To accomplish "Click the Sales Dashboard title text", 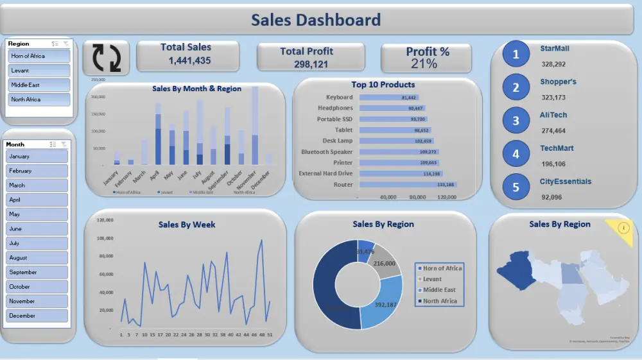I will coord(315,20).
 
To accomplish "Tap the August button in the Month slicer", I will coord(37,258).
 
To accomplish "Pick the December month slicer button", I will coord(37,316).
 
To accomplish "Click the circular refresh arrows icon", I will coord(107,57).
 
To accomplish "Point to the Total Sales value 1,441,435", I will coord(189,60).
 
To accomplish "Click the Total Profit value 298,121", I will coord(311,64).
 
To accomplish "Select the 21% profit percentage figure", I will coord(424,64).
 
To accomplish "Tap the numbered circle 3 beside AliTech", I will coord(516,121).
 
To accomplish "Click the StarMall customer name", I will coord(554,48).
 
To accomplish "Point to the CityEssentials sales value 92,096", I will coord(551,197).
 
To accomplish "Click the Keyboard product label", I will coord(339,98).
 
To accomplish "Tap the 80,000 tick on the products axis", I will coord(417,197).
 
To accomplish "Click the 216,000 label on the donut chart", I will coord(384,263).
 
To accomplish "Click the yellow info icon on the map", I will coord(625,227).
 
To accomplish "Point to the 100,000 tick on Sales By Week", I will coord(105,238).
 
